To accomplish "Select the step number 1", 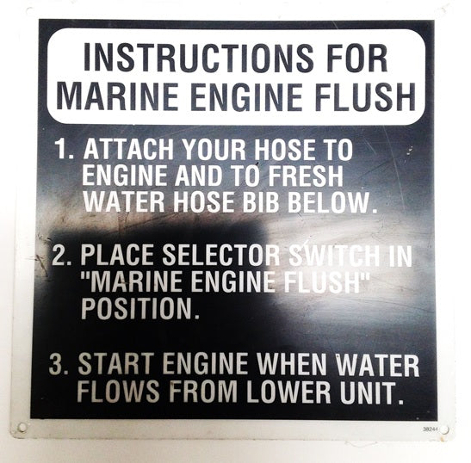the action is pos(65,149).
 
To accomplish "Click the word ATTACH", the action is pos(128,149).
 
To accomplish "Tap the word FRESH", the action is pos(306,176).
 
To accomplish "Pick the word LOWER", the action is pos(288,392).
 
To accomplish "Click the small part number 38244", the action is pos(430,429).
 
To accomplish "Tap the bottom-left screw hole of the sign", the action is pos(22,427).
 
